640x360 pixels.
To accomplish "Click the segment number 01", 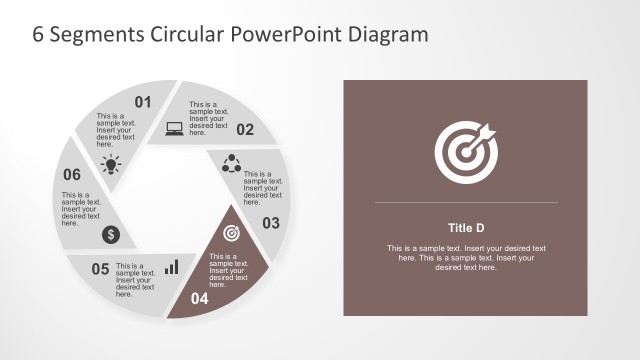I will [142, 101].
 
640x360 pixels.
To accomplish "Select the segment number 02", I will [245, 129].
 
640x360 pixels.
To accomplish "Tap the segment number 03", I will [271, 223].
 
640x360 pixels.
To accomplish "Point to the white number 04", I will [200, 298].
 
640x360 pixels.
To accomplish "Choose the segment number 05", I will [100, 268].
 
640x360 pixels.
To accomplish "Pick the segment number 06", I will [72, 174].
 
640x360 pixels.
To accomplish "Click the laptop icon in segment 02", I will [174, 128].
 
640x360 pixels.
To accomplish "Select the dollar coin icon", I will [111, 234].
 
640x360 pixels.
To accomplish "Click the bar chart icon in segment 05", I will [172, 267].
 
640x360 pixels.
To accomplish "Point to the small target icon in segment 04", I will [231, 233].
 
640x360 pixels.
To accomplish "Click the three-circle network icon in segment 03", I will [229, 161].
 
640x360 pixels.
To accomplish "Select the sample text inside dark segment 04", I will [226, 271].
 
